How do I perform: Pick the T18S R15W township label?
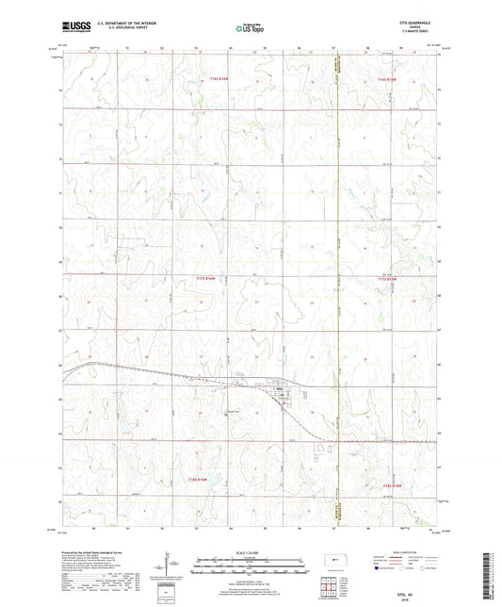click(x=393, y=484)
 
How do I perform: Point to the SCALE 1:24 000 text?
click(x=251, y=551)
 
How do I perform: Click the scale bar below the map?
click(x=251, y=569)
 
